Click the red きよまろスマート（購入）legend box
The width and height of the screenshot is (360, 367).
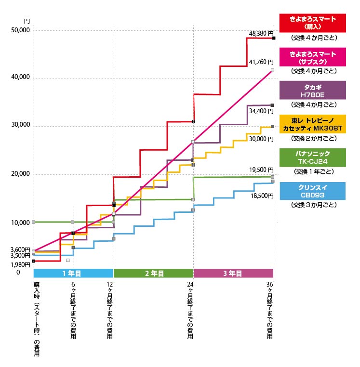tap(313, 22)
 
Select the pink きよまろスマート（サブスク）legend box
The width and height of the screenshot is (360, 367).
tap(313, 58)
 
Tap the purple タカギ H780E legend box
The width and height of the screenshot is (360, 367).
tap(313, 91)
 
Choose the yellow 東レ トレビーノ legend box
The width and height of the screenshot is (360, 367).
tap(313, 124)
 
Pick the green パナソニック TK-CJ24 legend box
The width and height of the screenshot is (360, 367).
tap(313, 158)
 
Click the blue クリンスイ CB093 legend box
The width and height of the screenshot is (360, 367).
tap(313, 191)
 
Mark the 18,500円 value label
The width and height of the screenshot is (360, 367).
tap(261, 196)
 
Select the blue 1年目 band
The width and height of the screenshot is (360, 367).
tap(72, 273)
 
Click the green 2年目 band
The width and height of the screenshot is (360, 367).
tap(154, 273)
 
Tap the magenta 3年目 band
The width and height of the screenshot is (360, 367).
tap(233, 273)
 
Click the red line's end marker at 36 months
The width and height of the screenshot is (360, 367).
tap(274, 38)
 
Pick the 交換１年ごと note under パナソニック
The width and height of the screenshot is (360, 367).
tap(313, 171)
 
